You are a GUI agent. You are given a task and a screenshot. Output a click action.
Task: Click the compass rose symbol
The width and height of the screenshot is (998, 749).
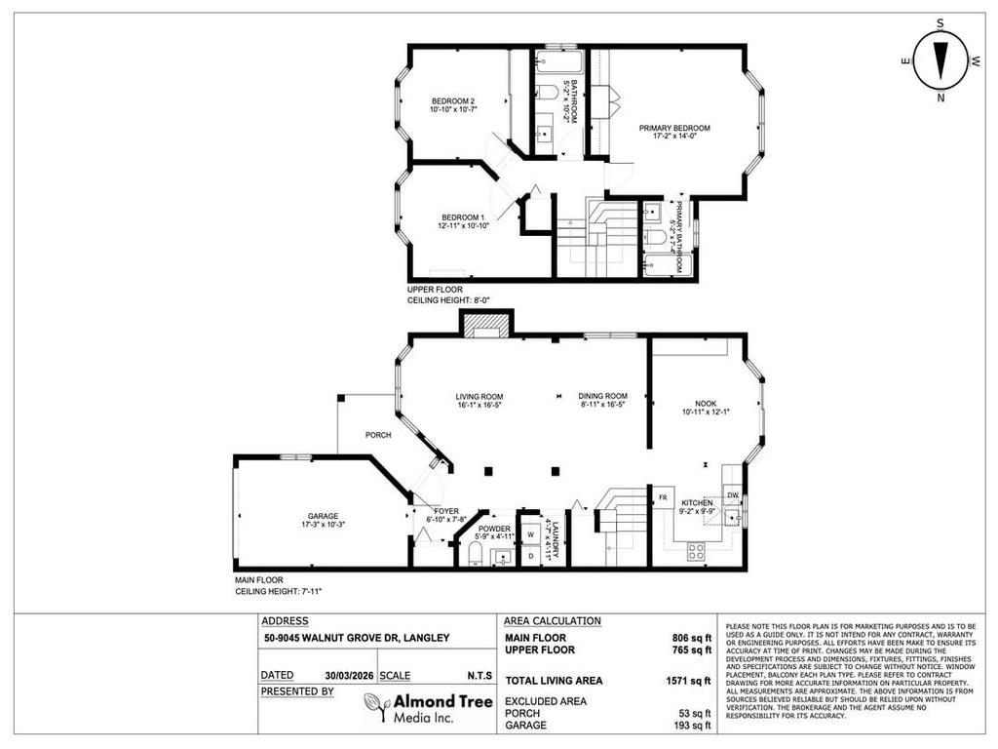(x=940, y=60)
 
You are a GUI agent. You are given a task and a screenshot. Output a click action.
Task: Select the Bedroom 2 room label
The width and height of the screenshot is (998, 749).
(x=452, y=101)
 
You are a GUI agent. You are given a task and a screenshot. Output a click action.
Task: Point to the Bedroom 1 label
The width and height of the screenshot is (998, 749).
(x=462, y=217)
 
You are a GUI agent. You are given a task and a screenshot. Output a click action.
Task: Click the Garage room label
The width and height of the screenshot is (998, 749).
(x=322, y=516)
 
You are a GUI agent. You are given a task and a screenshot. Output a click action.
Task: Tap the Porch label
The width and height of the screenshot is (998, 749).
(x=378, y=435)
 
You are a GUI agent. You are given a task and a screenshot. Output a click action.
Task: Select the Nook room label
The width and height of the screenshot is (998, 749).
(x=706, y=403)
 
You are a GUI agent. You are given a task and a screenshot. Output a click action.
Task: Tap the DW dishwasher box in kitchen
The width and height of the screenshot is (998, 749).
(x=733, y=496)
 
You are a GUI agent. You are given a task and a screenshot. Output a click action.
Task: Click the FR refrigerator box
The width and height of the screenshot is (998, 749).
(x=662, y=496)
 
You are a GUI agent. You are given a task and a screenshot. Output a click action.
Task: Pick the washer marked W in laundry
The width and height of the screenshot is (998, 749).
(x=530, y=534)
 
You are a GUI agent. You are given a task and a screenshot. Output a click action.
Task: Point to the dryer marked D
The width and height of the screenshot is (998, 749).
(x=530, y=557)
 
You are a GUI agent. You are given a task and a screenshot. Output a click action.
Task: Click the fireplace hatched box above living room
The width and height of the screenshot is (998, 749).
(x=484, y=326)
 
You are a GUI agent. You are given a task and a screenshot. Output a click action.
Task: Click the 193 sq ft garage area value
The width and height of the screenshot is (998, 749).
(x=694, y=726)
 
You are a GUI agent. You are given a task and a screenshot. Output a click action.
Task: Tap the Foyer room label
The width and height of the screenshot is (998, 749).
(x=446, y=510)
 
